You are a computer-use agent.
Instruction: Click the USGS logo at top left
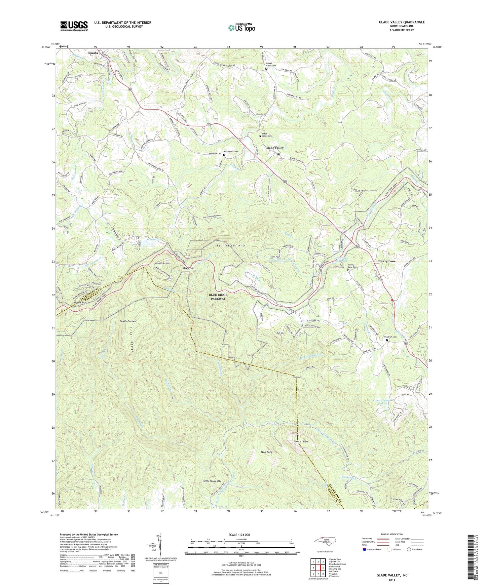click(x=74, y=26)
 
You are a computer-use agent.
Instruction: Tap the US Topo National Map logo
click(x=241, y=28)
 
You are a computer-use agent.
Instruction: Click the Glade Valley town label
click(x=274, y=148)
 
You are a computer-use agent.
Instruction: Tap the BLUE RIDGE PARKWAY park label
click(x=218, y=297)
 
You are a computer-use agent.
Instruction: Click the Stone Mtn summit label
click(x=300, y=441)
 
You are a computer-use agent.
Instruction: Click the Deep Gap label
click(x=188, y=268)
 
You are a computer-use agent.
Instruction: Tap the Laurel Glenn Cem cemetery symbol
click(x=266, y=69)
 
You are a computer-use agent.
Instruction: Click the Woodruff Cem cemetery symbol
click(x=387, y=340)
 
